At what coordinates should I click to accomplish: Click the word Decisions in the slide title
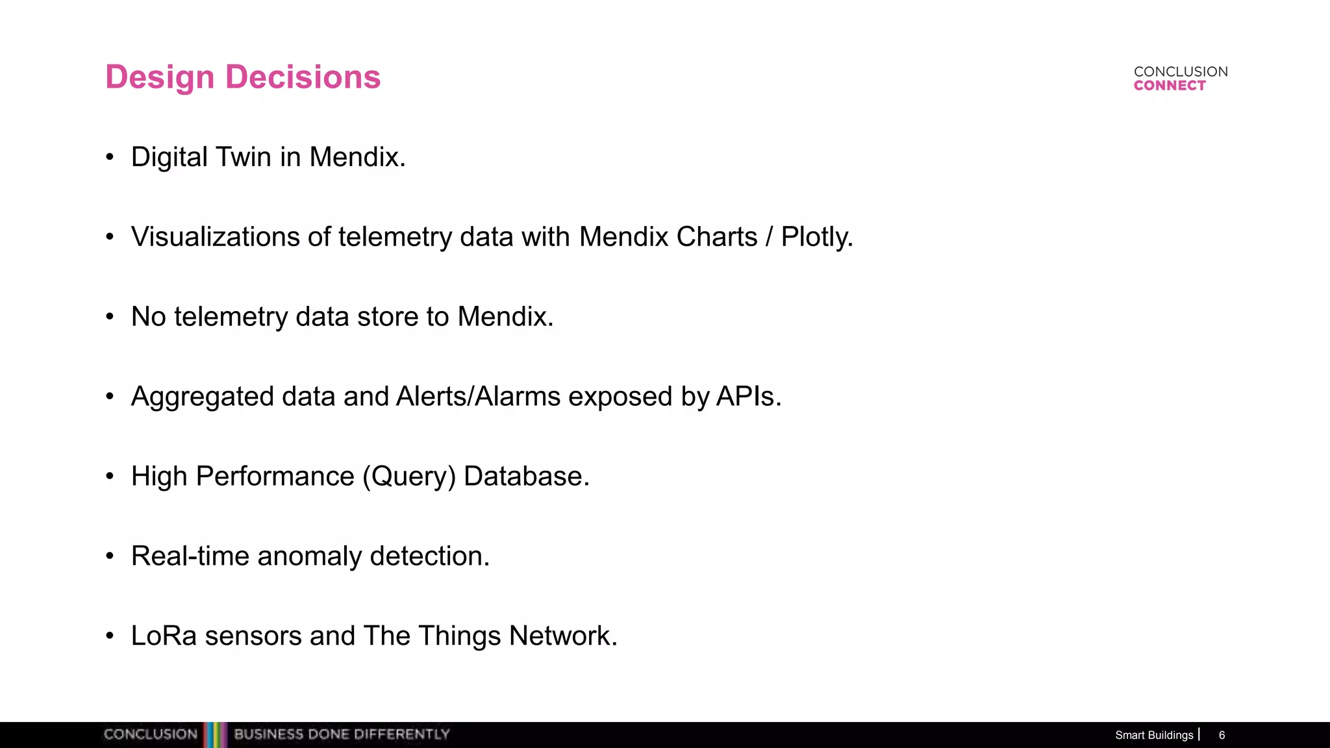303,77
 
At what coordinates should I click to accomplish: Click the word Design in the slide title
160,77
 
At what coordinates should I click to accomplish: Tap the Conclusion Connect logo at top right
1180,79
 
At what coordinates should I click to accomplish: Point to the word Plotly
816,237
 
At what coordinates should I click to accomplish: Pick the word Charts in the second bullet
716,237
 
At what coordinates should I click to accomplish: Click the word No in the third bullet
148,317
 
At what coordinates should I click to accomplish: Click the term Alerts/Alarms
478,397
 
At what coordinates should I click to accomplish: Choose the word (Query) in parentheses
409,477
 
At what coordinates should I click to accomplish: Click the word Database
526,477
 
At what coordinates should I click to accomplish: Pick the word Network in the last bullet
562,636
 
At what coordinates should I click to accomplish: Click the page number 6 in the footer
1222,735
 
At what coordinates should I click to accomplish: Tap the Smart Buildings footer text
1154,735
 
